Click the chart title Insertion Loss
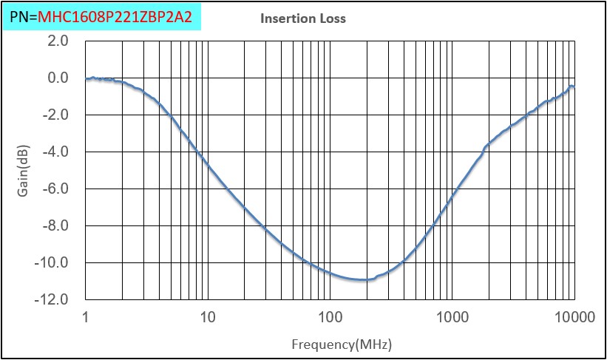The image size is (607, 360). point(302,18)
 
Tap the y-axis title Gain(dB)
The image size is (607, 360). point(22,169)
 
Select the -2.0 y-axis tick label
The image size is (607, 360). point(56,115)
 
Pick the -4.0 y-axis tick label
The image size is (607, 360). point(56,152)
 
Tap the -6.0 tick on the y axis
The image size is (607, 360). point(56,189)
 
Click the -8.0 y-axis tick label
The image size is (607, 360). point(56,226)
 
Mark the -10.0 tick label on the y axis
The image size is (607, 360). point(53,263)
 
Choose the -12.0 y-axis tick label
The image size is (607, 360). point(53,300)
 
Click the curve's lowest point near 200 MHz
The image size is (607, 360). point(364,279)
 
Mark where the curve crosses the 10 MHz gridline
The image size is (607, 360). point(208,166)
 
